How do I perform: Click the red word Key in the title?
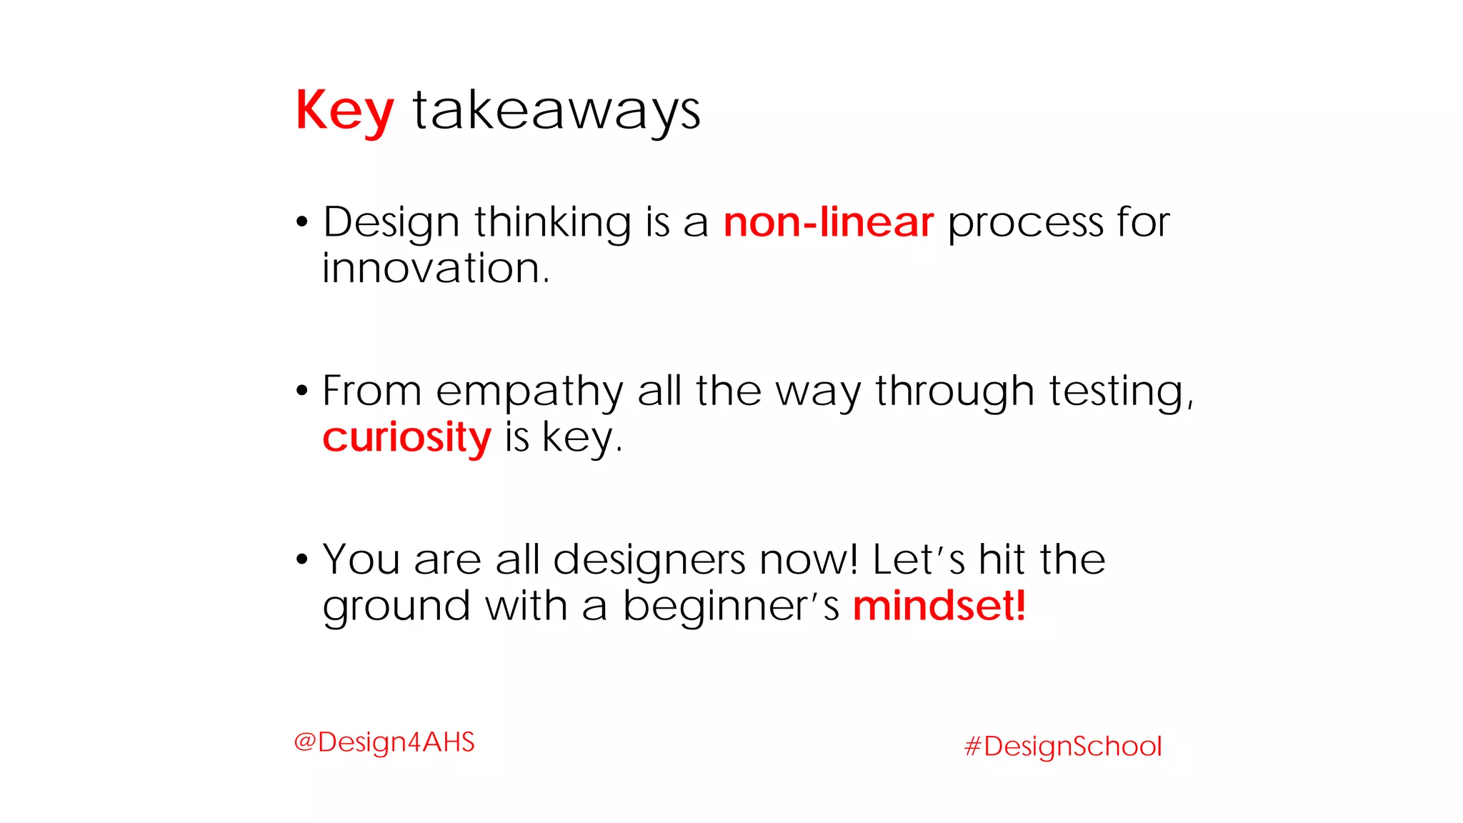pyautogui.click(x=344, y=111)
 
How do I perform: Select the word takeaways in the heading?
pyautogui.click(x=556, y=111)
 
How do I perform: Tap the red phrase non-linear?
pyautogui.click(x=828, y=222)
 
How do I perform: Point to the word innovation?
pyautogui.click(x=435, y=269)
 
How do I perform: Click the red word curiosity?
pyautogui.click(x=406, y=437)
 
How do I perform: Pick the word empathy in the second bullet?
pyautogui.click(x=529, y=391)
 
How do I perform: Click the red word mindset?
pyautogui.click(x=939, y=606)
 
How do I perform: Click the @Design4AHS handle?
pyautogui.click(x=384, y=742)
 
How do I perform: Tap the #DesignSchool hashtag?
pyautogui.click(x=1063, y=747)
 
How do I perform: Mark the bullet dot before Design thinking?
pyautogui.click(x=302, y=222)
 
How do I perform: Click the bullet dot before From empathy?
pyautogui.click(x=302, y=391)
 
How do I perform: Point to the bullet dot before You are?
pyautogui.click(x=302, y=559)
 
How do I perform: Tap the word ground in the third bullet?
pyautogui.click(x=396, y=607)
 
